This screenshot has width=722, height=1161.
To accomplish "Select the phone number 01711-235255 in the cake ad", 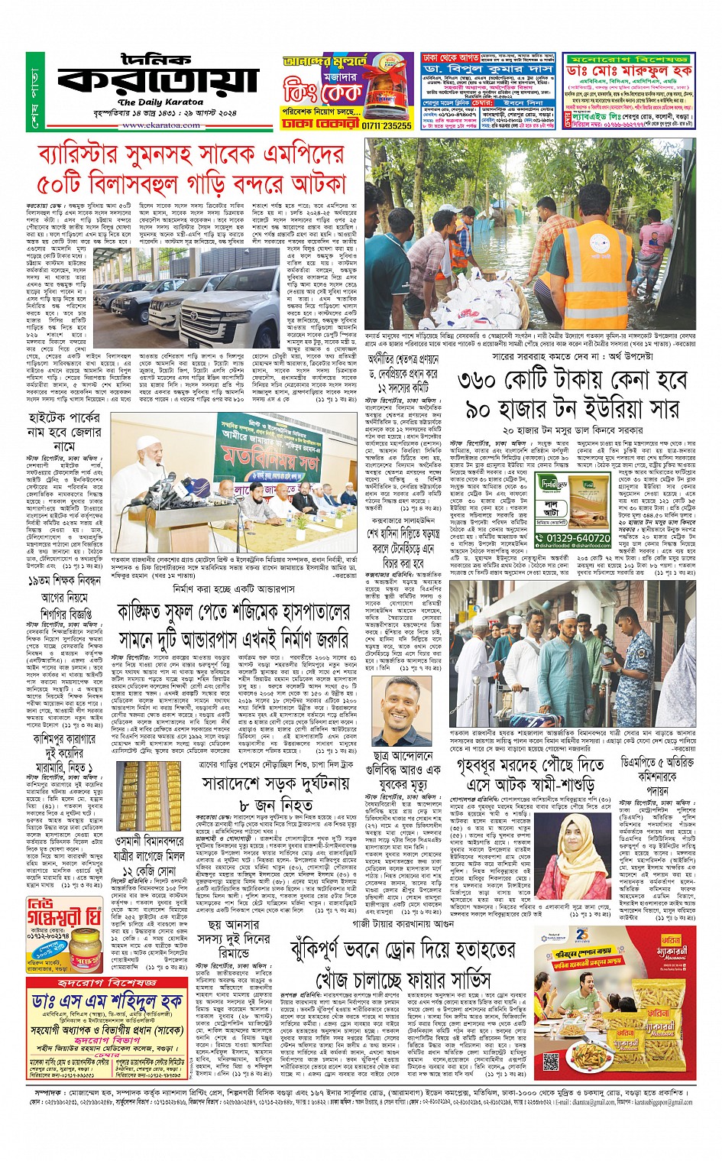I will (x=387, y=125).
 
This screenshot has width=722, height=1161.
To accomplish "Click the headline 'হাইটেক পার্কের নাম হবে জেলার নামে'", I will (x=64, y=431).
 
